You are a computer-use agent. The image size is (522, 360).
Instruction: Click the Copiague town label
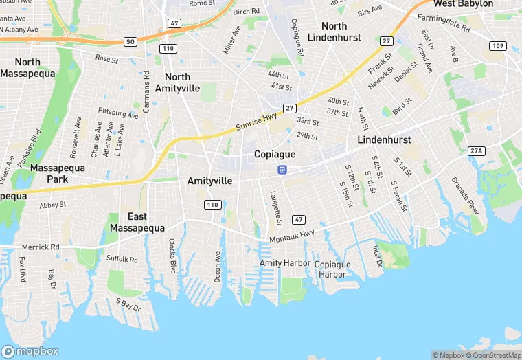tap(275, 154)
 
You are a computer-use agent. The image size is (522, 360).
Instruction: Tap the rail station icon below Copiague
tap(282, 169)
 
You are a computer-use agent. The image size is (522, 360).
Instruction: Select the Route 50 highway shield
tap(130, 42)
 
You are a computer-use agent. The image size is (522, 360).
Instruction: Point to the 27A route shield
tap(476, 150)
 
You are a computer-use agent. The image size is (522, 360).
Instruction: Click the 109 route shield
tap(498, 45)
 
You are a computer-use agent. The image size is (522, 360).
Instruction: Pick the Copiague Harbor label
tap(332, 269)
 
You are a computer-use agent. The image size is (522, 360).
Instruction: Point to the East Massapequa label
tap(137, 222)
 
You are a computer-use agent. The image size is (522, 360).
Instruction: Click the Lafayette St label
tap(276, 208)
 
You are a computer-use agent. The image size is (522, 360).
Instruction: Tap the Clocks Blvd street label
tap(172, 254)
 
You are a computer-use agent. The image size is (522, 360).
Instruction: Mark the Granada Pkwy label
tap(464, 195)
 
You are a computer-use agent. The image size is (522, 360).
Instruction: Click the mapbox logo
tap(30, 351)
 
